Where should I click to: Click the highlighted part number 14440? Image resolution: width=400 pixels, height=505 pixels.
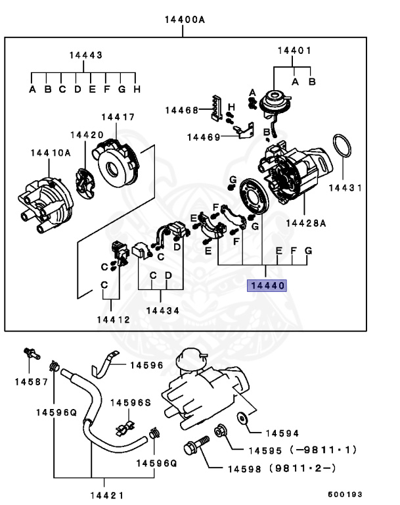tap(266, 286)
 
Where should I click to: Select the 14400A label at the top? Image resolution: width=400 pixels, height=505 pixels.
tap(185, 20)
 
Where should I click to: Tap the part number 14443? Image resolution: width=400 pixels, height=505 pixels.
tap(85, 56)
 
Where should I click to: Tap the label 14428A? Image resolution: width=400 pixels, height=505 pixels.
tap(305, 224)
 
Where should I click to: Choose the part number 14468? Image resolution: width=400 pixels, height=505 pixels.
tap(181, 110)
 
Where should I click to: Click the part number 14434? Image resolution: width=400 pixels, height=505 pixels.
tap(160, 310)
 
